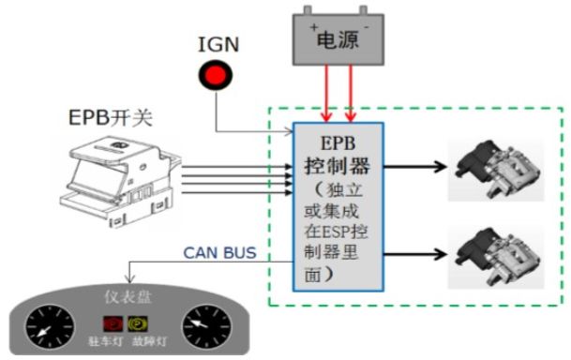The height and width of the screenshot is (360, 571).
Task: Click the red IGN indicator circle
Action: click(218, 76)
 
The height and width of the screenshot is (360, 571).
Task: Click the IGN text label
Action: click(216, 44)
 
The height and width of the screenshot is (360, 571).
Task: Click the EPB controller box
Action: click(338, 206)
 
